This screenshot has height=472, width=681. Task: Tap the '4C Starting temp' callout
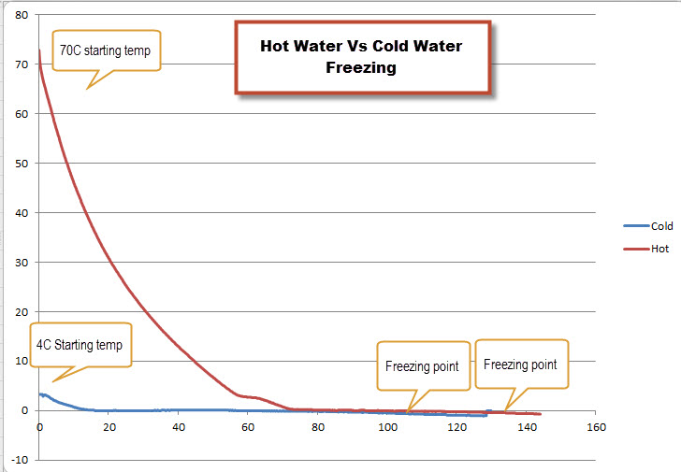pos(80,345)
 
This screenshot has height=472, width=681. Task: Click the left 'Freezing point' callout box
pos(422,366)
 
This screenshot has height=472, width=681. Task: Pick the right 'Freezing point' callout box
pos(520,365)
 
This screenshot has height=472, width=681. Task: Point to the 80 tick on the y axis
pos(22,16)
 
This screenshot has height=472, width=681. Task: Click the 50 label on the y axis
pos(22,164)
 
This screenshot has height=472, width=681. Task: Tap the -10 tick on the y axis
pos(20,460)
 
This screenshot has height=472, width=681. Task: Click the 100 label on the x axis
pos(386,427)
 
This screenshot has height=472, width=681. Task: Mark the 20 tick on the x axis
pos(109,427)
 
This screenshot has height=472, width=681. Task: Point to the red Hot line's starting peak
pos(39,50)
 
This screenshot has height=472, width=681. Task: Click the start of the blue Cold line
pos(39,393)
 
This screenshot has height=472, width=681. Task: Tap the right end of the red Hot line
pos(541,414)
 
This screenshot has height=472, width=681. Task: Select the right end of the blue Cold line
pos(487,415)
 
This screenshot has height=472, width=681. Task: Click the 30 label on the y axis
pos(22,263)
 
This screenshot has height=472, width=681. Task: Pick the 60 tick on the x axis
pos(247,427)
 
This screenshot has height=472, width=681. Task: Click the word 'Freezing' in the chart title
pos(361,67)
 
